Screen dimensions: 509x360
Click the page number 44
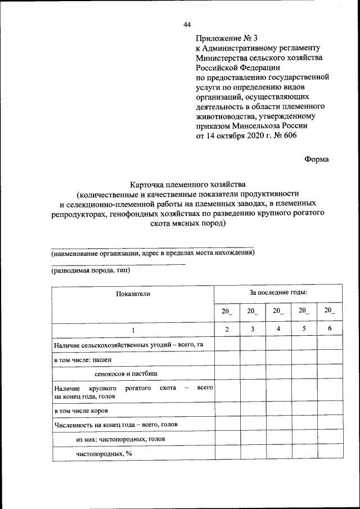(187, 24)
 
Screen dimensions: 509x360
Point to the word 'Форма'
(317, 159)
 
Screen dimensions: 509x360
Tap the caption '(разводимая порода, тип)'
(91, 271)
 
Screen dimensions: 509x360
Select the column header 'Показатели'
(133, 294)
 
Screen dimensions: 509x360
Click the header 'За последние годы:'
(278, 293)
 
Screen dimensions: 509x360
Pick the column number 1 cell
(133, 330)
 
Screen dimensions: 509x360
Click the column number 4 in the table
(278, 329)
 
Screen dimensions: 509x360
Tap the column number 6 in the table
(330, 328)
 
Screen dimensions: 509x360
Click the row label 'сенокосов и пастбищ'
(126, 373)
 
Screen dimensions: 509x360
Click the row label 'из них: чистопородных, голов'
(121, 439)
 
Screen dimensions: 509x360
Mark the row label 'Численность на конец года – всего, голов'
(116, 425)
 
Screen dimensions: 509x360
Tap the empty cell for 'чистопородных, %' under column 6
(330, 453)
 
